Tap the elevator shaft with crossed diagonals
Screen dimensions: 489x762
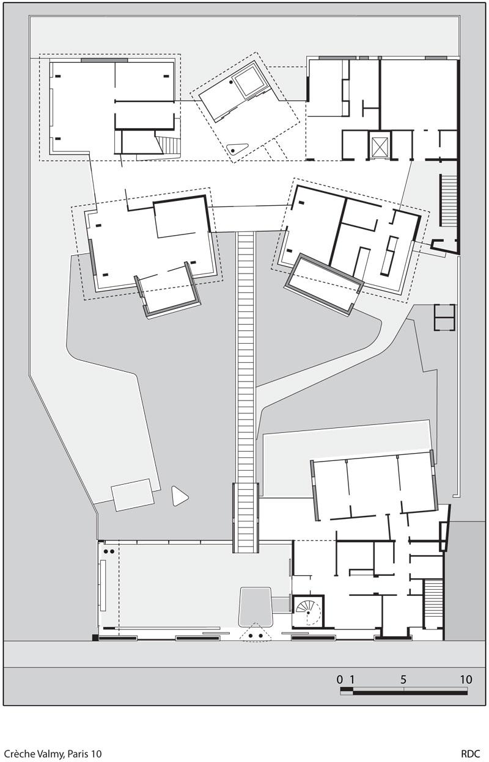[x=380, y=145]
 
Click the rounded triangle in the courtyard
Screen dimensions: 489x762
[x=180, y=496]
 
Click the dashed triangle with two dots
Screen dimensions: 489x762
[x=256, y=632]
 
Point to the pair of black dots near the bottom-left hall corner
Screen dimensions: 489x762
[x=109, y=551]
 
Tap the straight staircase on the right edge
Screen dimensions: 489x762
[x=448, y=200]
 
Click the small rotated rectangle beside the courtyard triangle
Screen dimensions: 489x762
[x=133, y=495]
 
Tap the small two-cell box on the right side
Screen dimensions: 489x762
[x=445, y=317]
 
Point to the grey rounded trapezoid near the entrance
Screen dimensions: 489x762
[x=256, y=606]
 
